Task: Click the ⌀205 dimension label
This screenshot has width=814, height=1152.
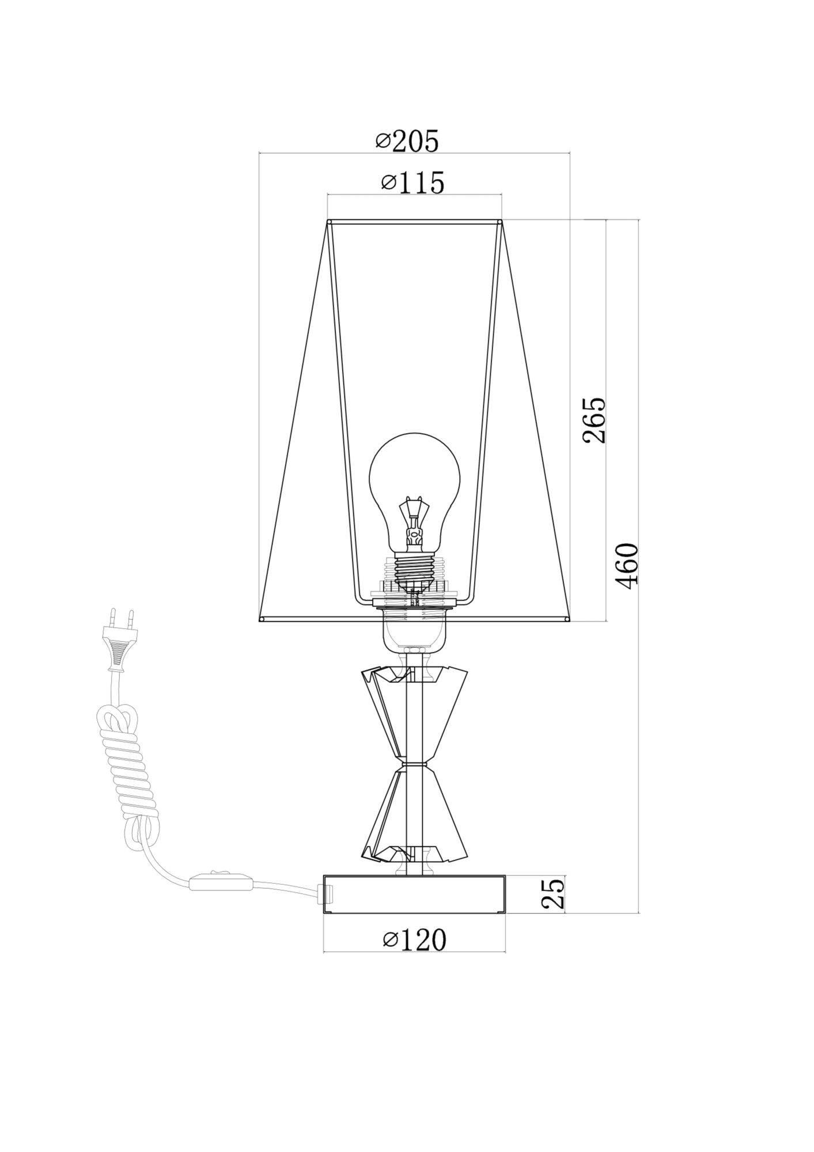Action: point(407,141)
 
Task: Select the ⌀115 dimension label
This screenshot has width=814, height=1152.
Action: point(413,183)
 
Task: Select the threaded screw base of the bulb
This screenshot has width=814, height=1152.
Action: point(415,570)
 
